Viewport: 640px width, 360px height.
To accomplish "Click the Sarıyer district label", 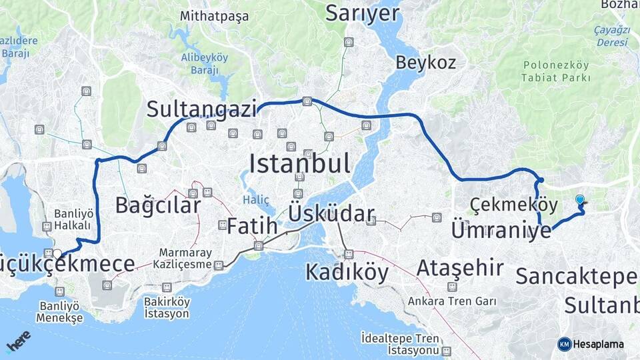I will click(x=362, y=13).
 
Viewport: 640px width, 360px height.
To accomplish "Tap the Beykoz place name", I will click(x=425, y=63).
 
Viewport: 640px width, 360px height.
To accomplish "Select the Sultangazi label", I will click(x=201, y=108).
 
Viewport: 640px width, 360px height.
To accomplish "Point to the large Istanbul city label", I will click(x=300, y=162).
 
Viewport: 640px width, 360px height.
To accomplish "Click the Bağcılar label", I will click(x=157, y=205).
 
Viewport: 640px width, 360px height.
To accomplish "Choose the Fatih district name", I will click(x=252, y=226).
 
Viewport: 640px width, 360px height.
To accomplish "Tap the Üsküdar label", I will click(x=331, y=214).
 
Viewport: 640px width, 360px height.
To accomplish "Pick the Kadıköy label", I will click(x=347, y=271).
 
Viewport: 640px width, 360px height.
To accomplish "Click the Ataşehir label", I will click(x=460, y=268).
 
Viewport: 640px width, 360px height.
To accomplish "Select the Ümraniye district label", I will click(x=501, y=231).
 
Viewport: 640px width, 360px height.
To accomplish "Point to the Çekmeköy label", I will click(x=503, y=203).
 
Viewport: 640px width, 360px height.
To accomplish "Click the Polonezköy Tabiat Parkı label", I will click(x=557, y=71).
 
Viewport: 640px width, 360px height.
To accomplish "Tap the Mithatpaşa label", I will click(x=215, y=16).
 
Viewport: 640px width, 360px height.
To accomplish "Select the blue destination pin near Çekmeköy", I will click(x=580, y=199).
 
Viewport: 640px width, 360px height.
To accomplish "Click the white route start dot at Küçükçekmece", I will click(x=58, y=253).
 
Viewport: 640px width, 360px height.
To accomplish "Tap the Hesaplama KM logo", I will click(x=589, y=344).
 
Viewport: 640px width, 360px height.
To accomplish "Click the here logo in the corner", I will click(x=19, y=341).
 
